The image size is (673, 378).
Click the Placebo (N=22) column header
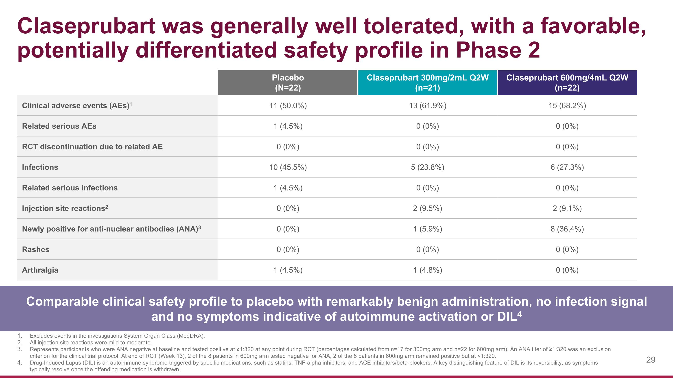click(288, 82)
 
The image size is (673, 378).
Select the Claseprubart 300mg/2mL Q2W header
click(427, 82)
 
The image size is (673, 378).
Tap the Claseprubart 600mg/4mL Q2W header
click(567, 82)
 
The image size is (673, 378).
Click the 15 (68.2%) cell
click(567, 106)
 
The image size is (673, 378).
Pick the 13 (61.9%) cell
click(427, 106)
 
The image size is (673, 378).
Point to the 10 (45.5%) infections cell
click(288, 167)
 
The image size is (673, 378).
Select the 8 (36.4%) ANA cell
click(567, 229)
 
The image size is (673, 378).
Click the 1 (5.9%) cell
click(427, 229)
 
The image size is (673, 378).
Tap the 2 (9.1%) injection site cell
click(567, 208)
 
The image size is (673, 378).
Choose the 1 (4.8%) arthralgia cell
click(427, 270)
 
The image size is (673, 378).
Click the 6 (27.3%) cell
click(567, 167)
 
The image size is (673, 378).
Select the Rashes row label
click(35, 250)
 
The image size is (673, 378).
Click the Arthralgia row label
click(40, 270)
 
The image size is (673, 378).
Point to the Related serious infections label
click(70, 188)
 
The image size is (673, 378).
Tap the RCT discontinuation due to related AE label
click(92, 147)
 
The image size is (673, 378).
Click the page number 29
click(651, 360)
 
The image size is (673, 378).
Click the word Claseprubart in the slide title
click(86, 26)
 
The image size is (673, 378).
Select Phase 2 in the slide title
click(498, 50)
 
